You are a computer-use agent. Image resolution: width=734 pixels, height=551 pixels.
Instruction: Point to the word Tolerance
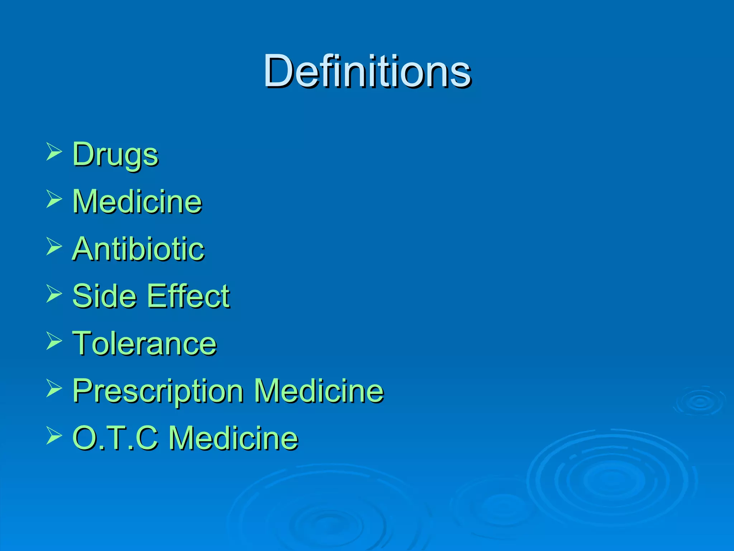pyautogui.click(x=144, y=343)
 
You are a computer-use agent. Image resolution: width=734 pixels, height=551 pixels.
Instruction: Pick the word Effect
pyautogui.click(x=189, y=296)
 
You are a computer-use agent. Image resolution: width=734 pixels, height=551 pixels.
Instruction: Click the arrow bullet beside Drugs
pyautogui.click(x=54, y=151)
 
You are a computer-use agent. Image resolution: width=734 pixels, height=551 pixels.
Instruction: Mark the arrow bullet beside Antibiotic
pyautogui.click(x=54, y=246)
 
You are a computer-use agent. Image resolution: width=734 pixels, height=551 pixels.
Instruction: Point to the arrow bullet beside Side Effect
pyautogui.click(x=54, y=294)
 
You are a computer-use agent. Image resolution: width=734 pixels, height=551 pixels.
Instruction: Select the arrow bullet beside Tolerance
pyautogui.click(x=54, y=341)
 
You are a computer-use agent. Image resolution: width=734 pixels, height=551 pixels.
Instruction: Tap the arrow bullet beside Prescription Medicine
pyautogui.click(x=54, y=388)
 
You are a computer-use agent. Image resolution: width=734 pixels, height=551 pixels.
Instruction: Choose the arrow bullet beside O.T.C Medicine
pyautogui.click(x=54, y=436)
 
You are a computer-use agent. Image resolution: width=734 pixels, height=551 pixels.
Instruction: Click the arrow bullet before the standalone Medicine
pyautogui.click(x=54, y=199)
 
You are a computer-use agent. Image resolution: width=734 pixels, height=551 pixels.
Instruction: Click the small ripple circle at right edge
pyautogui.click(x=700, y=401)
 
